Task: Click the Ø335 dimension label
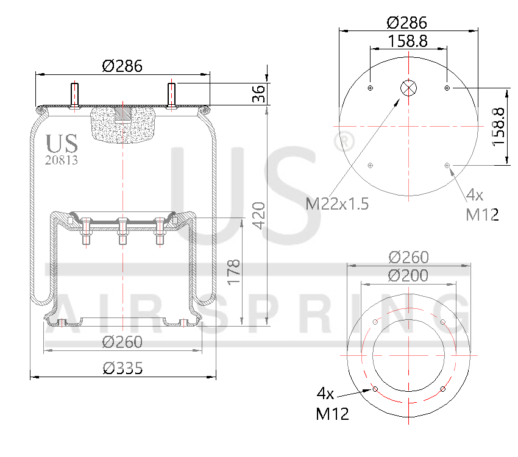click(x=122, y=368)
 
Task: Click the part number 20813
click(x=62, y=160)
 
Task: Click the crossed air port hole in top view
click(x=408, y=88)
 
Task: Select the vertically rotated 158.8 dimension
click(x=498, y=126)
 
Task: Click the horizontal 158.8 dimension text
click(x=408, y=41)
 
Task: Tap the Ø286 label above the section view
click(x=122, y=66)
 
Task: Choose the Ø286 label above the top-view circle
click(x=407, y=23)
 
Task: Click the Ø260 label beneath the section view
click(x=122, y=342)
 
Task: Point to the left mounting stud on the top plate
click(x=76, y=95)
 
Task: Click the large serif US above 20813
click(x=62, y=144)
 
